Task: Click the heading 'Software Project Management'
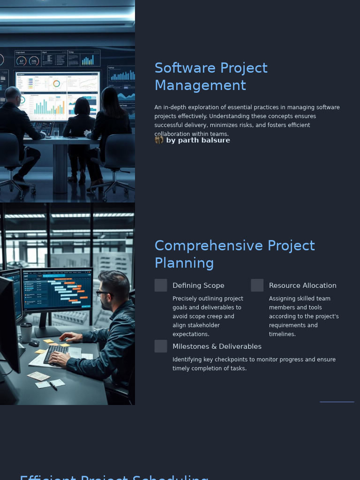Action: (211, 76)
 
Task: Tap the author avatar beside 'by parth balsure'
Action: (159, 140)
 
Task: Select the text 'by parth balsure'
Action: (198, 140)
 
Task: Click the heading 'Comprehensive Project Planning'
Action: (234, 254)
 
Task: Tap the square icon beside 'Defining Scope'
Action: (161, 285)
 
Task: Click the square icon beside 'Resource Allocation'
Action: (257, 285)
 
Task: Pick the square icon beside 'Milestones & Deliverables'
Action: (161, 346)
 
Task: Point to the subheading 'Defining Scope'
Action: (198, 285)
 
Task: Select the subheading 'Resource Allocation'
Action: (302, 285)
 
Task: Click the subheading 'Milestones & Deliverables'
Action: (217, 346)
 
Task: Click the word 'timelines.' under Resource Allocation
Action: (282, 334)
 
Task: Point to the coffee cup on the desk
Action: (26, 332)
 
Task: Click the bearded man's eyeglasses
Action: (104, 293)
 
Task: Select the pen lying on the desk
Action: (52, 385)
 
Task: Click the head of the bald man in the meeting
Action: (13, 94)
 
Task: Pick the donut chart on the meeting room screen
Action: (56, 84)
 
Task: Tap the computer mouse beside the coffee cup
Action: (34, 343)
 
